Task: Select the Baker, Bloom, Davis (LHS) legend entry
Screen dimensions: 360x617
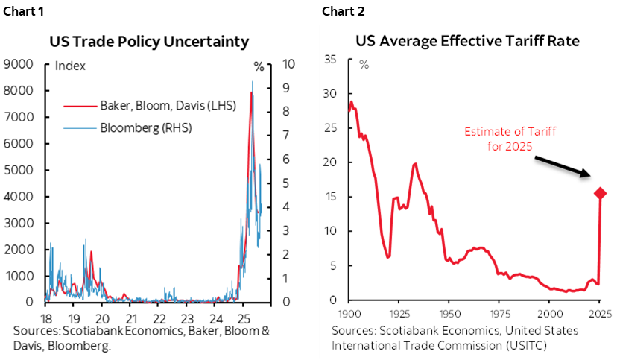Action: click(167, 105)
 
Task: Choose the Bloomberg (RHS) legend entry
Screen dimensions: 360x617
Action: click(145, 127)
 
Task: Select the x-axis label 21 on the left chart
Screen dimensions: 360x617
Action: click(130, 315)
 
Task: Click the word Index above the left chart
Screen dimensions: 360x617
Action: click(71, 66)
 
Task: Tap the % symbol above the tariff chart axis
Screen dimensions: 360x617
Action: click(364, 63)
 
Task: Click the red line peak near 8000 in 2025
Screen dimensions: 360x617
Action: click(251, 93)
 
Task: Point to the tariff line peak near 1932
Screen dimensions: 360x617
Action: click(415, 163)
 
